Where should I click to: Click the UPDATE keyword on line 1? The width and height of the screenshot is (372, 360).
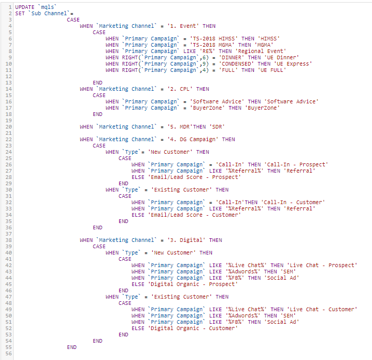pos(25,7)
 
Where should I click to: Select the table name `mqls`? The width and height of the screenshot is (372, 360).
pos(47,7)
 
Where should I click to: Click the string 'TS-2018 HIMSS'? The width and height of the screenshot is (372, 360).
pos(214,38)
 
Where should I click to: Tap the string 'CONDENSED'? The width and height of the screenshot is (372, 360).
pos(236,64)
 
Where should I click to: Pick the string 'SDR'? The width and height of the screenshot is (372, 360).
pos(217,126)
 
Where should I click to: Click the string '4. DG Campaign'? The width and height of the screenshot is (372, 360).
pos(193,139)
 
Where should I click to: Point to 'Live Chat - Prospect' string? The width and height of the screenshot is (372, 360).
pos(322,265)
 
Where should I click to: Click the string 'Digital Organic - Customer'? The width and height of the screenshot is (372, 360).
pos(193,328)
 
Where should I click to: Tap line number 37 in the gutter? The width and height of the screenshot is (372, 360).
pos(8,234)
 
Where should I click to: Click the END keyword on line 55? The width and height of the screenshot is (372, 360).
pos(72,347)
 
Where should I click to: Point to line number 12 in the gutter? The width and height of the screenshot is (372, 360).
pos(8,77)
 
